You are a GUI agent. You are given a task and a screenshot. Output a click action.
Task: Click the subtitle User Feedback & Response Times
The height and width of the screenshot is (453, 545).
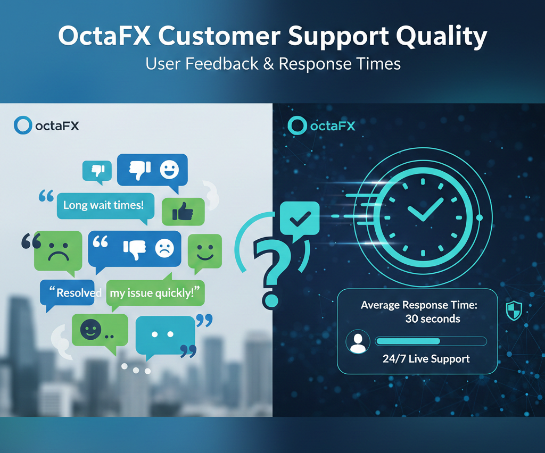272,64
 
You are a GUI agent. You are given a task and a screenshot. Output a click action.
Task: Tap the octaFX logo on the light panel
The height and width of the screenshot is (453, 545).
47,126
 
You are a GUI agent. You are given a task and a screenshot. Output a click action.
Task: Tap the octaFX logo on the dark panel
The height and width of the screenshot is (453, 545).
321,125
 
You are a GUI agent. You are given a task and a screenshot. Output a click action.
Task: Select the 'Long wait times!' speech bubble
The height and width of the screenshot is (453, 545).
104,205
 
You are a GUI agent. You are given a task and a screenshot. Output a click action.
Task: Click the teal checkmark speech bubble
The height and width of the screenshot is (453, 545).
299,219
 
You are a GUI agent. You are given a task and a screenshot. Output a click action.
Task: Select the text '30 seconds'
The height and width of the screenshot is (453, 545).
433,319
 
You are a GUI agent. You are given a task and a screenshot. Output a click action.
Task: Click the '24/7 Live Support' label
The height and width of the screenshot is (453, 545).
426,359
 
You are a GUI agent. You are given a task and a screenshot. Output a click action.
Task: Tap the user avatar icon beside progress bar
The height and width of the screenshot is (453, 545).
358,342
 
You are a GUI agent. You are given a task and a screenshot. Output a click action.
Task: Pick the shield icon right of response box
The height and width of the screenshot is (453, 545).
514,310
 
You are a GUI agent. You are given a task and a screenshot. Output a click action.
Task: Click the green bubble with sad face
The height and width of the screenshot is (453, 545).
58,249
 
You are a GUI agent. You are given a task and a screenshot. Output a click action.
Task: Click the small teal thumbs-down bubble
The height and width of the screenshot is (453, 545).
97,171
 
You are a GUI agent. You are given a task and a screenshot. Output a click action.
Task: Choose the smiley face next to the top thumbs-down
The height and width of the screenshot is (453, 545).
169,170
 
